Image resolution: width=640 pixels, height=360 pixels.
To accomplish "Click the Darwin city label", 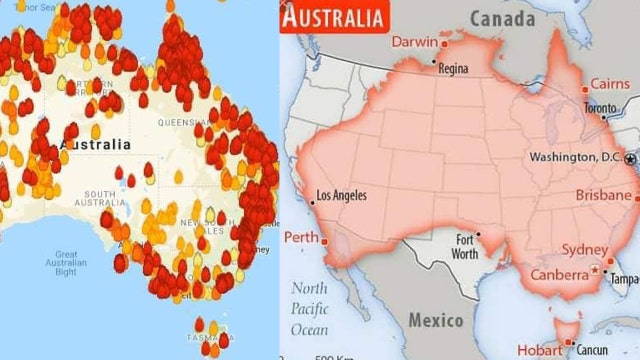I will pos(414,42).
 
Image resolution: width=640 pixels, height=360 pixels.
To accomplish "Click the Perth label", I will pos(302,238).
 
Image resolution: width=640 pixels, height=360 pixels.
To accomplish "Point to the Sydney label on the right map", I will pos(586,249).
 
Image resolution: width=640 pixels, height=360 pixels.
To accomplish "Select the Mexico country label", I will pos(436,320).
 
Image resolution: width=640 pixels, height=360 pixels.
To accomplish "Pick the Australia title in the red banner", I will pos(333,17).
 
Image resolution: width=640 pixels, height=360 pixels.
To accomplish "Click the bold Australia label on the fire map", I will pos(96,144).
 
